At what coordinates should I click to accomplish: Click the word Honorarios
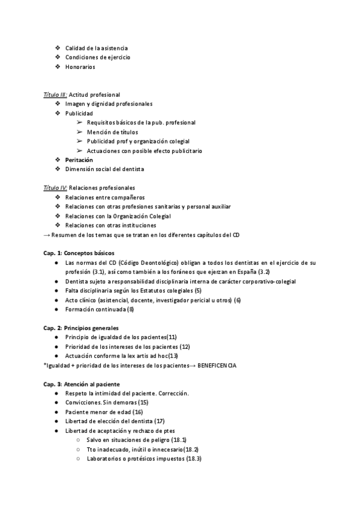(x=80, y=67)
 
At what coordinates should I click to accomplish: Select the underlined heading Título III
(x=56, y=95)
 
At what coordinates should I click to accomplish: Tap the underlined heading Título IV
(x=56, y=188)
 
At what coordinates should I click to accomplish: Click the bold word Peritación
(x=79, y=160)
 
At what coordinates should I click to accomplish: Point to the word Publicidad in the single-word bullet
(x=79, y=113)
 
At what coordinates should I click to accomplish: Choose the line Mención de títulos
(x=112, y=132)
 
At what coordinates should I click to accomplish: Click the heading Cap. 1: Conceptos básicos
(x=79, y=253)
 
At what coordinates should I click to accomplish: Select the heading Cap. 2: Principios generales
(x=81, y=328)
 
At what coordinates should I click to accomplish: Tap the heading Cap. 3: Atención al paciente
(x=82, y=384)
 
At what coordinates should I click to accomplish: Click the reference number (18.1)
(x=179, y=440)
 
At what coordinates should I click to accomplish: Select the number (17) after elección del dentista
(x=160, y=421)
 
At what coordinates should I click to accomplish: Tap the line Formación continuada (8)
(x=100, y=309)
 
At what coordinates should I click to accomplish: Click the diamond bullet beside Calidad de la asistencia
(x=57, y=48)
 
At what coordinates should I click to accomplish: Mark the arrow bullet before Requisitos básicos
(x=80, y=122)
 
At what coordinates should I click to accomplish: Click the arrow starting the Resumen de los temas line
(x=47, y=235)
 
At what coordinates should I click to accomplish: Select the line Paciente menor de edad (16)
(x=104, y=412)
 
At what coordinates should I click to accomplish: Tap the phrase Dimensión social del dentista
(x=105, y=169)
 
